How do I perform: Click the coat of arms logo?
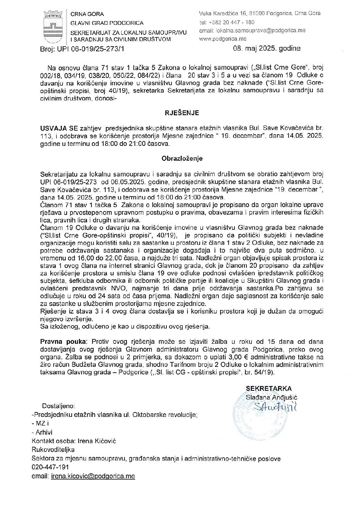pyautogui.click(x=53, y=26)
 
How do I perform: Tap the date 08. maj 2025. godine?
pyautogui.click(x=267, y=48)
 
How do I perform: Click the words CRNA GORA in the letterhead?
pyautogui.click(x=87, y=14)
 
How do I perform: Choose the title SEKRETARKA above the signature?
pyautogui.click(x=269, y=389)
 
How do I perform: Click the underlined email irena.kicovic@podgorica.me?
pyautogui.click(x=93, y=476)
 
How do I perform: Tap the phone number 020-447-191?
pyautogui.click(x=50, y=467)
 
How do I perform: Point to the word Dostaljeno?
pyautogui.click(x=59, y=406)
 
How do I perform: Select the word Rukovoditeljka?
pyautogui.click(x=53, y=450)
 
